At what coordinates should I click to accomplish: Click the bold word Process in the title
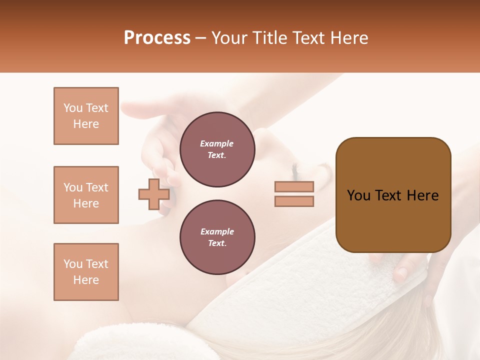157,38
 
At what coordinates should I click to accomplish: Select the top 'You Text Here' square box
86,116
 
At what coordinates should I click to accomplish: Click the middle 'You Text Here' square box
86,195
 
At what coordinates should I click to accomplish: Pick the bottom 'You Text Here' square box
86,272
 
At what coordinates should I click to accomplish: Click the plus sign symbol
153,194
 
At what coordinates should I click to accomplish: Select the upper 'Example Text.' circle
217,149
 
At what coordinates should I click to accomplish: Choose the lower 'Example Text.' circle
217,237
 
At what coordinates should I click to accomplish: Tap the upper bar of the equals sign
294,186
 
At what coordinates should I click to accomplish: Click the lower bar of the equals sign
294,201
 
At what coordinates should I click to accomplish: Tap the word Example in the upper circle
217,143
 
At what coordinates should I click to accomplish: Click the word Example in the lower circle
217,231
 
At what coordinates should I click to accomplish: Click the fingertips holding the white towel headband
400,272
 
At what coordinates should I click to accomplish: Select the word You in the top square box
72,108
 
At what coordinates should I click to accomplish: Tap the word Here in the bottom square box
86,280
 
